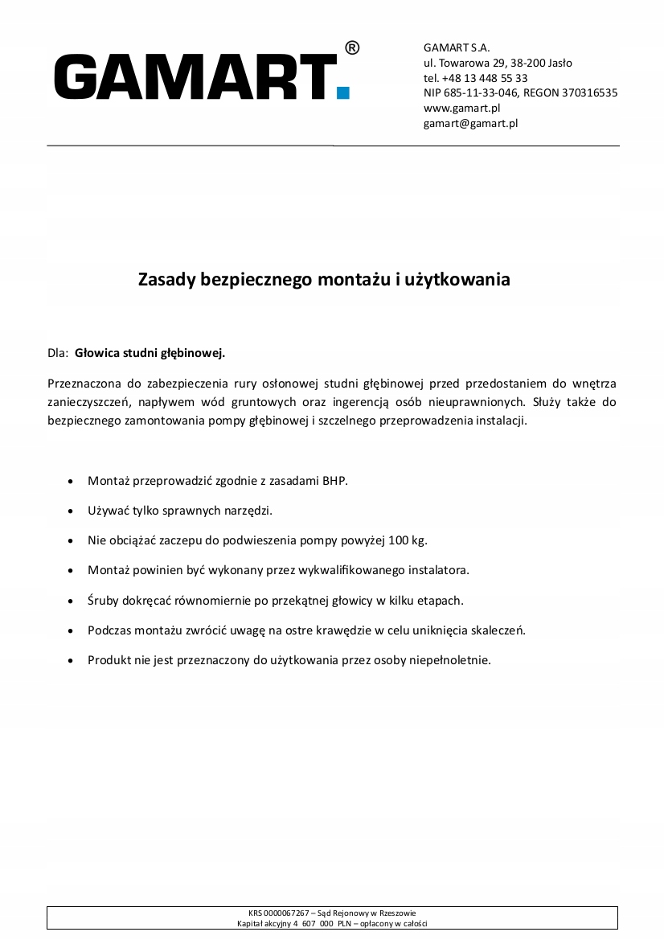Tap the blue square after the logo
(343, 92)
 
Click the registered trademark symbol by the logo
(352, 48)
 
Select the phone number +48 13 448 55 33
(485, 78)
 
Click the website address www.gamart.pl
(461, 108)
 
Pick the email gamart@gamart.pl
(470, 123)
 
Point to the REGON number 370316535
(590, 93)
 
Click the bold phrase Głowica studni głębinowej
(150, 352)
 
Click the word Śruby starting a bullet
(104, 600)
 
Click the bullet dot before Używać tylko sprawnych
(72, 511)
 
